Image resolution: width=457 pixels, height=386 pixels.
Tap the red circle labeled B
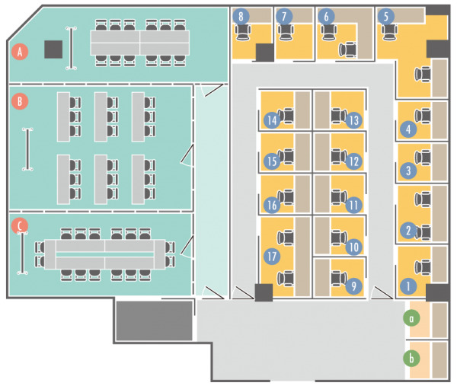pyautogui.click(x=21, y=100)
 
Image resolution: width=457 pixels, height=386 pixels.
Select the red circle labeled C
pyautogui.click(x=21, y=225)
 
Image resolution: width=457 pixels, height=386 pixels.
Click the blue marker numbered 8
pyautogui.click(x=241, y=15)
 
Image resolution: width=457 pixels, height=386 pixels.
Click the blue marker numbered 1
pyautogui.click(x=409, y=286)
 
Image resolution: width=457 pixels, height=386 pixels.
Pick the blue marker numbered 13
pyautogui.click(x=352, y=120)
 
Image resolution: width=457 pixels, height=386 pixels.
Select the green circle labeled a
pyautogui.click(x=412, y=317)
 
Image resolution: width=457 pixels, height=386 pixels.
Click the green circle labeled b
pyautogui.click(x=412, y=358)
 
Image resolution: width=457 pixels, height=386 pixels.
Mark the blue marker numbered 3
pyautogui.click(x=409, y=171)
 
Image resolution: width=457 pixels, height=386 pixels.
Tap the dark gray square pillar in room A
pyautogui.click(x=53, y=49)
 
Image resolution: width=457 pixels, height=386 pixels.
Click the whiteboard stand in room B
pyautogui.click(x=28, y=149)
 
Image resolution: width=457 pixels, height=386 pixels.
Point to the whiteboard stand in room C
pyautogui.click(x=24, y=252)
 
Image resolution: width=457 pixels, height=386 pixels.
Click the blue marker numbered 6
pyautogui.click(x=326, y=15)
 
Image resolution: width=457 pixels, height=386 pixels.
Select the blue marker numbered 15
pyautogui.click(x=271, y=161)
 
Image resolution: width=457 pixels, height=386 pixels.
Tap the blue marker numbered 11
pyautogui.click(x=352, y=205)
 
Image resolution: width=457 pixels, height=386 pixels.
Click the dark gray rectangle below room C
pyautogui.click(x=153, y=321)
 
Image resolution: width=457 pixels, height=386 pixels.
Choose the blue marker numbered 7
pyautogui.click(x=284, y=15)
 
